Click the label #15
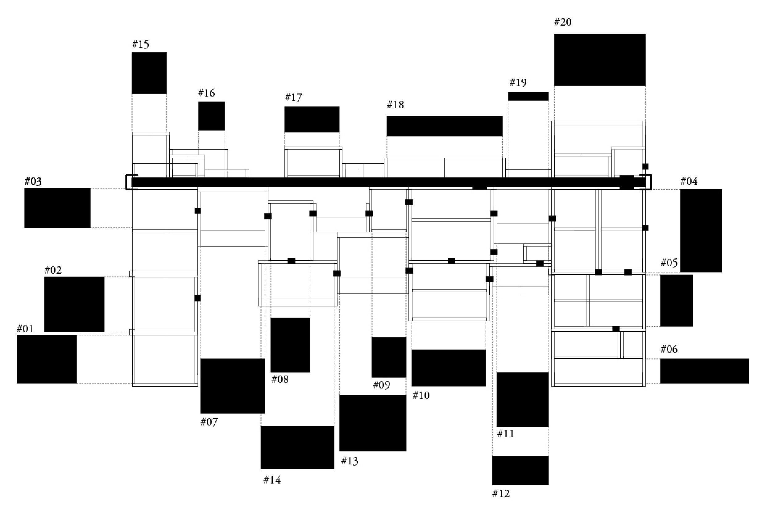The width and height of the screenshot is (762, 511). tap(140, 44)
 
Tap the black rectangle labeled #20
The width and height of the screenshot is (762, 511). tap(599, 60)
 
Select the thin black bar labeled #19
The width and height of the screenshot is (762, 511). tap(528, 97)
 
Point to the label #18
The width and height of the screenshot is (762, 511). tap(395, 105)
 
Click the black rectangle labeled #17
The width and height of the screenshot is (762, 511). tap(312, 119)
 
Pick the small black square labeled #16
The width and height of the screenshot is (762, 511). tap(211, 116)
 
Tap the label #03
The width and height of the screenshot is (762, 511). tap(33, 181)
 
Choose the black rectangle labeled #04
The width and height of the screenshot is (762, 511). tap(700, 231)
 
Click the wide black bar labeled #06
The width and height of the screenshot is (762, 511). tap(704, 371)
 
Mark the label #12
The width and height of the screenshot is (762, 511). tap(501, 494)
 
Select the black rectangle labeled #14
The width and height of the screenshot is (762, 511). tap(297, 447)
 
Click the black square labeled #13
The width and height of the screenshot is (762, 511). tap(373, 423)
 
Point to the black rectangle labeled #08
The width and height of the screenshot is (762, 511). tap(290, 345)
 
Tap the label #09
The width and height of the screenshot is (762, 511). tap(381, 385)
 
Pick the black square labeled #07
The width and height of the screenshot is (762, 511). tap(233, 386)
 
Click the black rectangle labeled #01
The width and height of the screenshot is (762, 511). tap(47, 359)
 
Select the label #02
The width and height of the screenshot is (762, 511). tap(53, 270)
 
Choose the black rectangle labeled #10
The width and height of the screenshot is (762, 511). tap(449, 368)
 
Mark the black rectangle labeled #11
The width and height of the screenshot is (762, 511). tap(522, 399)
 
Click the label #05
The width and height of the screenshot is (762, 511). tap(669, 263)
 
